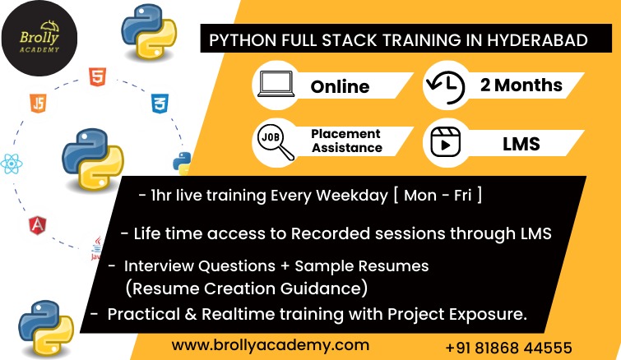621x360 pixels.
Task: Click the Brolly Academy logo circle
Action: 39,39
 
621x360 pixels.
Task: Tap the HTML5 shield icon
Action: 97,76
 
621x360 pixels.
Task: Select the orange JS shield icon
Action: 38,103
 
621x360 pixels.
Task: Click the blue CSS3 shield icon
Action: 160,104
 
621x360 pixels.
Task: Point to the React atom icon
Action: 11,164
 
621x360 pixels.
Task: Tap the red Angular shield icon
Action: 38,225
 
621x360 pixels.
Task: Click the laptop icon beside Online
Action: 276,85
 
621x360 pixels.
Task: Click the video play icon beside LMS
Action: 446,142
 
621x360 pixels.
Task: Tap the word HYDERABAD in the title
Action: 537,40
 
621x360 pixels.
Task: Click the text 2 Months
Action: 521,85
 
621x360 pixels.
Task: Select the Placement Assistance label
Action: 346,141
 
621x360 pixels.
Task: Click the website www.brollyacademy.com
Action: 271,345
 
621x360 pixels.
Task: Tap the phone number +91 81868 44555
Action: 508,348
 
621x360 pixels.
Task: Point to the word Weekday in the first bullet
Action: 352,196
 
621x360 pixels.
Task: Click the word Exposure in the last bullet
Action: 488,315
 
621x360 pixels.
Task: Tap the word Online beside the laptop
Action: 340,86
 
